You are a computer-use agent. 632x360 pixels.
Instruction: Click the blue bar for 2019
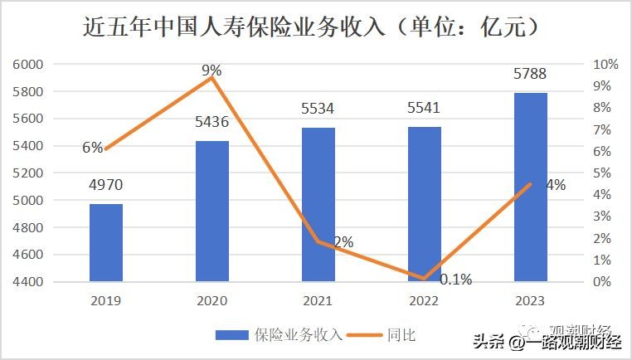[106, 242]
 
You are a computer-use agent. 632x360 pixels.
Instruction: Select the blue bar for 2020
[212, 211]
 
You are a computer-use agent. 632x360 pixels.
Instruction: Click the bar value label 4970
[106, 185]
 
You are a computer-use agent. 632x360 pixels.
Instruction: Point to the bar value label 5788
[531, 75]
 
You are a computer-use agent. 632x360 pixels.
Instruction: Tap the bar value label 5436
[212, 123]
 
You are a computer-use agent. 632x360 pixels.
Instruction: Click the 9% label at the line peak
[211, 71]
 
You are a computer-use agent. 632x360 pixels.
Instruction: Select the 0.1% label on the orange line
[455, 280]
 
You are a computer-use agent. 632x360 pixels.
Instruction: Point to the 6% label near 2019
[92, 148]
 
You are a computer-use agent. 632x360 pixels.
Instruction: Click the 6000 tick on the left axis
[29, 65]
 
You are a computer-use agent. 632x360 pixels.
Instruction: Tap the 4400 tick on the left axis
[29, 282]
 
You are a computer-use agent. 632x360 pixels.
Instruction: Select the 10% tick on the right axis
[605, 65]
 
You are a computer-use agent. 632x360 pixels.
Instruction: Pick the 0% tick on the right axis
[603, 282]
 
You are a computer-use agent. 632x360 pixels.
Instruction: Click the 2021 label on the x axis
[318, 300]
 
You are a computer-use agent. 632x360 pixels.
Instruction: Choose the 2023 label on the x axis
[531, 300]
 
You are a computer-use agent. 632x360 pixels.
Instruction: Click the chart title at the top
[315, 27]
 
